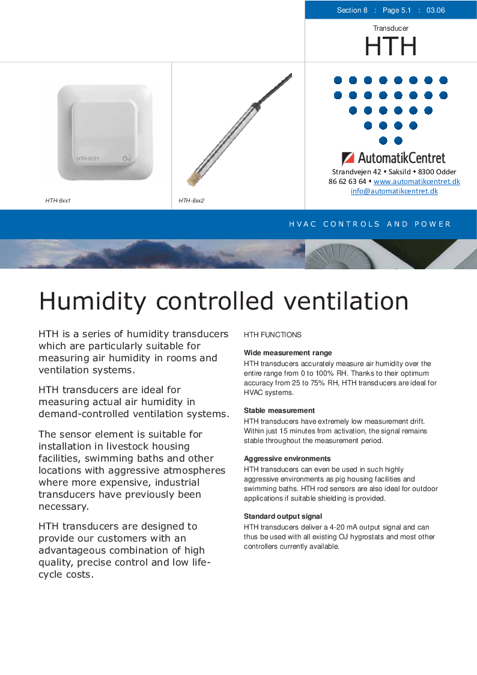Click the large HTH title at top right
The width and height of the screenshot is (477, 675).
(390, 46)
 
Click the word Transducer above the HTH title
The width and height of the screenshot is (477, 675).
(390, 28)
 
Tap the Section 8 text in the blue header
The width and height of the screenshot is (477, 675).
(352, 10)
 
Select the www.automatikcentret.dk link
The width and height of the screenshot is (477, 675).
(416, 182)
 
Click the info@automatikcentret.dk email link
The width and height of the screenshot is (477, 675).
(394, 191)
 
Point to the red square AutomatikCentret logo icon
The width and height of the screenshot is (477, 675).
(348, 159)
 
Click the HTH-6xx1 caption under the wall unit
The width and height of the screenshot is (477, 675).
(58, 200)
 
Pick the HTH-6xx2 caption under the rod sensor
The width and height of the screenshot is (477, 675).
(191, 200)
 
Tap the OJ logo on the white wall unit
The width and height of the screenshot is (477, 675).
(126, 159)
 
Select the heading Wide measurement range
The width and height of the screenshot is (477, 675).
(288, 353)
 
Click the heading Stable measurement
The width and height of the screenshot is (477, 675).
(279, 411)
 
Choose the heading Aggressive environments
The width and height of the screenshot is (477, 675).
(287, 459)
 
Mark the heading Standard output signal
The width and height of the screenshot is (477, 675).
(282, 516)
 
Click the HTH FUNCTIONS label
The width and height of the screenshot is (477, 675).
(272, 335)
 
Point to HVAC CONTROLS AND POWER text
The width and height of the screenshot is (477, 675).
(369, 224)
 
